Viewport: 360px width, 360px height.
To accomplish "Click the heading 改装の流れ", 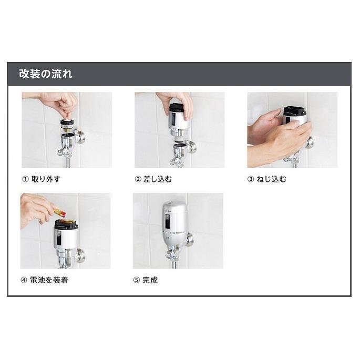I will point(46,74).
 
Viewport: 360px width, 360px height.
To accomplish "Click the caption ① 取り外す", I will point(40,179).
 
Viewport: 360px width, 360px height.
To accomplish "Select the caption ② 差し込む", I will point(153,179).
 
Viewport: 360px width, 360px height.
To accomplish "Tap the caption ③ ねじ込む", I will point(267,179).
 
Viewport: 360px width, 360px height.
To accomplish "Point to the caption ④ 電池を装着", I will point(45,280).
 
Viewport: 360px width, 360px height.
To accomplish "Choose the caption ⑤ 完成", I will point(146,280).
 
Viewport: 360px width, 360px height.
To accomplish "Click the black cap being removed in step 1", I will point(67,125).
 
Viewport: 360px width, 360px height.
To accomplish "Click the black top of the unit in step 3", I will point(294,111).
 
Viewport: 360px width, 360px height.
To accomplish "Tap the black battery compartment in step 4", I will point(66,224).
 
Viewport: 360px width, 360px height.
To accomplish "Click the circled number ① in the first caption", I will point(24,179).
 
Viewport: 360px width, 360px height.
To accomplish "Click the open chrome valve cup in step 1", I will point(68,140).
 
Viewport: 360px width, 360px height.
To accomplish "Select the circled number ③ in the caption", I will point(251,179).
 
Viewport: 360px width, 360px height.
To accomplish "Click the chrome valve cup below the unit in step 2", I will point(180,149).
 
